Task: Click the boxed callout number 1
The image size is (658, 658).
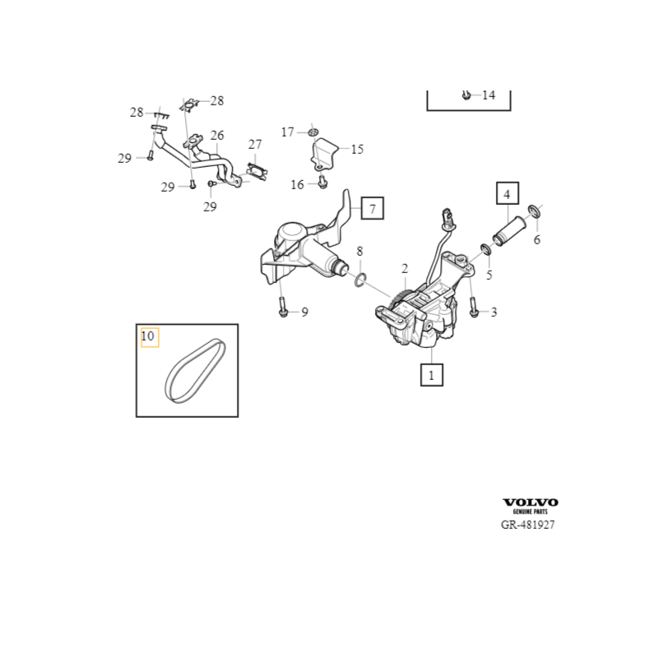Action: point(431,375)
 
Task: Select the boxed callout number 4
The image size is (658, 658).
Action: point(507,194)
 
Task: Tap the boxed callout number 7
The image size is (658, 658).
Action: point(372,209)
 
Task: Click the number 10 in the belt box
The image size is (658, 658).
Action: point(148,336)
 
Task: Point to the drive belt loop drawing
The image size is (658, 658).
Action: point(194,371)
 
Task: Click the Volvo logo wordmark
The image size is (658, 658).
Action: point(531,503)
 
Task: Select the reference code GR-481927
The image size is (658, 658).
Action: point(527,525)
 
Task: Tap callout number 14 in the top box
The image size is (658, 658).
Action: point(489,95)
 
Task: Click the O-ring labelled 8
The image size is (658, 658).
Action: point(360,282)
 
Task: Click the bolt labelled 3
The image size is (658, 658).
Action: point(475,312)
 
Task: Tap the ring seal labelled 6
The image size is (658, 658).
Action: point(535,214)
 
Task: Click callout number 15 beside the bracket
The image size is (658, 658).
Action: point(357,150)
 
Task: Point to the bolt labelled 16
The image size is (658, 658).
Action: point(322,183)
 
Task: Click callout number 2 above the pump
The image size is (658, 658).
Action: point(405,269)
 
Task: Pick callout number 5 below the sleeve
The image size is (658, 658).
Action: point(489,276)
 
